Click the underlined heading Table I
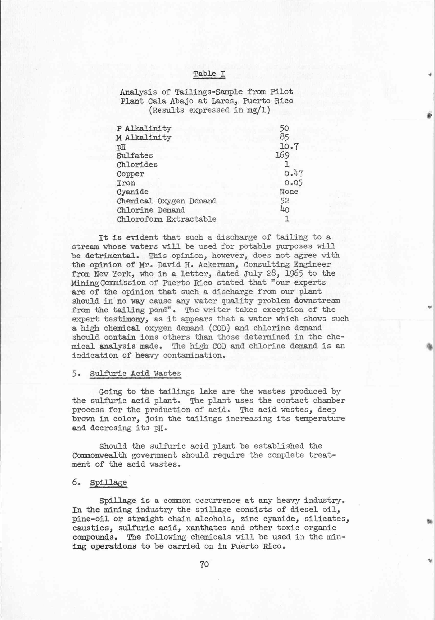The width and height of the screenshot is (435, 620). [209, 74]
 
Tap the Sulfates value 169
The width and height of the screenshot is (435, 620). [282, 155]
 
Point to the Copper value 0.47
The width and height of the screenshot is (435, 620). [294, 173]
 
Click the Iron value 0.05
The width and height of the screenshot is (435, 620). [293, 183]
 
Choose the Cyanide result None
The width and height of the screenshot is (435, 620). [289, 192]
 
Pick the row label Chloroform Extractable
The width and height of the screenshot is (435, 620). [166, 219]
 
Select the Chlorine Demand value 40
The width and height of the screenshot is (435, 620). [285, 210]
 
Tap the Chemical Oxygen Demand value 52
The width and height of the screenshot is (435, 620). [285, 201]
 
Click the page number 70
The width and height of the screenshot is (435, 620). [204, 564]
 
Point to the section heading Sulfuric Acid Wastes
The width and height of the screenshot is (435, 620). [135, 374]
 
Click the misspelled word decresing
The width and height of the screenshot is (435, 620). [110, 428]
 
